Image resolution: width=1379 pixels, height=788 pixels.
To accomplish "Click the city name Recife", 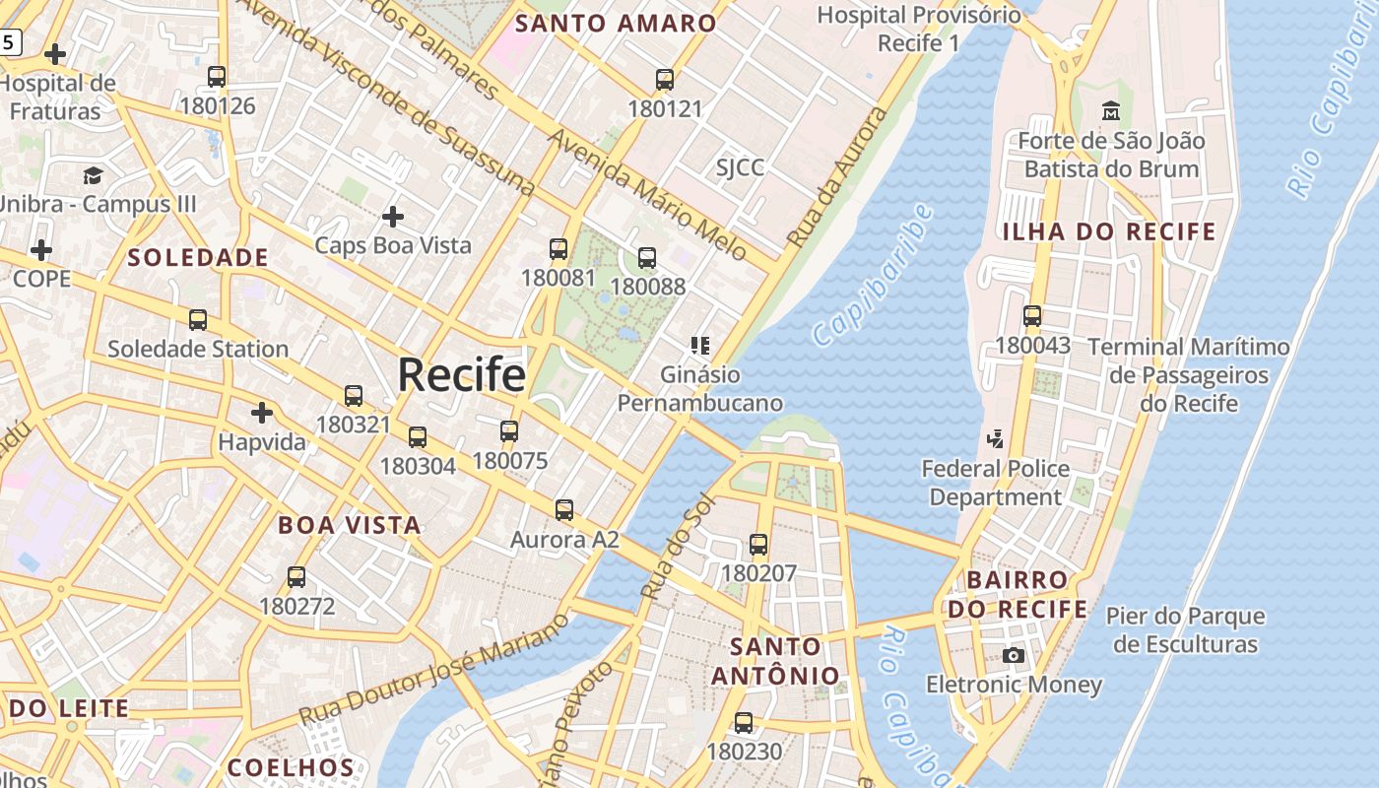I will coord(461,375).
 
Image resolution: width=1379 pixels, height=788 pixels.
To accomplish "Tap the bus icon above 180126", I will coord(217,77).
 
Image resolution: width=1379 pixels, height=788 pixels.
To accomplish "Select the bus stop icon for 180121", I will coord(665,80).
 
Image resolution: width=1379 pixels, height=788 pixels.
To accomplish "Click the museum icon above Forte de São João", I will coord(1111,111).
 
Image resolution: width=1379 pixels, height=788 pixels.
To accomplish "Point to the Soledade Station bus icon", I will coord(198,320).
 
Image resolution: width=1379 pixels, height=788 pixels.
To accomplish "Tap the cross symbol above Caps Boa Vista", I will coord(393,216).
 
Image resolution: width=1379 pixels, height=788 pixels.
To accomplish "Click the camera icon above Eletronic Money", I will coord(1013,655).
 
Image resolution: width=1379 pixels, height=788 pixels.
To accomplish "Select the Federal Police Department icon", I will coord(996,438).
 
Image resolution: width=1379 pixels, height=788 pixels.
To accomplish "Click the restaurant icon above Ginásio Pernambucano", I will coord(700,346).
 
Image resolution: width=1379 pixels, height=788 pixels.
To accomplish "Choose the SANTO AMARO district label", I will coord(617,24).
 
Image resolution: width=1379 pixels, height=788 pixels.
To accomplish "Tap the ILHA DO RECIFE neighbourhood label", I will coord(1109,232).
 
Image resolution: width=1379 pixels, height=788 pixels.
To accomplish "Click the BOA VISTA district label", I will coord(350,525).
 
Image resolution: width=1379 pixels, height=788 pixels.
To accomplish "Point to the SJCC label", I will coord(740,167).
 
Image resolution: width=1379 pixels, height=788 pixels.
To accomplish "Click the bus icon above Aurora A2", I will coord(564,510).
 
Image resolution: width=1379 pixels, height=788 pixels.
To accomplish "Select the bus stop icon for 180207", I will coord(758,545).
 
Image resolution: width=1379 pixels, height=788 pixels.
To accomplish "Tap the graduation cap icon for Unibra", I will coord(93,175).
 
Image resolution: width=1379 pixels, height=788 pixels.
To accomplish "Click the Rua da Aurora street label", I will coord(837,177).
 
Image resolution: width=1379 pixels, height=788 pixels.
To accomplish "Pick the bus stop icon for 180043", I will coord(1032,316).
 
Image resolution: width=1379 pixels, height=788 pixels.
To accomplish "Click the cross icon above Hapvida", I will coord(262,412).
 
